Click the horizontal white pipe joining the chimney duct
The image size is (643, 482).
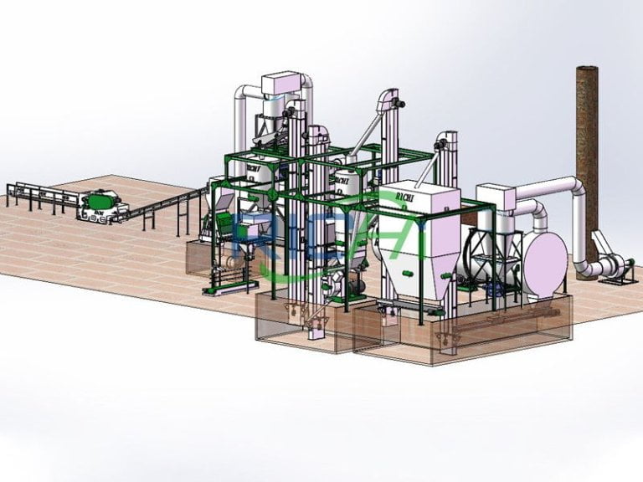(x=548, y=187)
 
